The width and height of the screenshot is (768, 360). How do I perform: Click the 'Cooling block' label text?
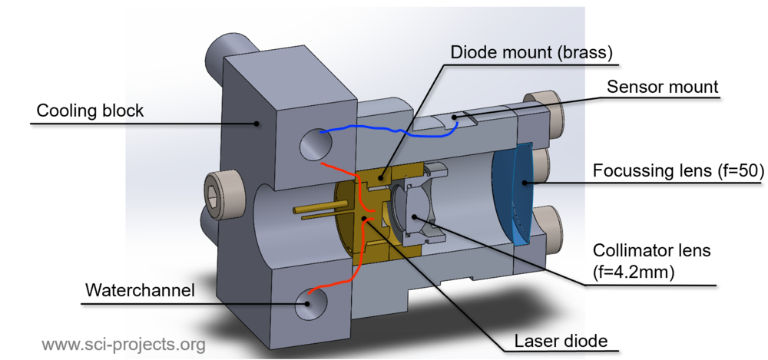click(x=90, y=111)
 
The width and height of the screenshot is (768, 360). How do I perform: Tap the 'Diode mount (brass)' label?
click(x=531, y=52)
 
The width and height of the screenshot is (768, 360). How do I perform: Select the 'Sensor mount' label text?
click(x=662, y=87)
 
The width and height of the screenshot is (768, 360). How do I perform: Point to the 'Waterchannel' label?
click(x=140, y=290)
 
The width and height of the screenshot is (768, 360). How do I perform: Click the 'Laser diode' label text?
click(x=561, y=341)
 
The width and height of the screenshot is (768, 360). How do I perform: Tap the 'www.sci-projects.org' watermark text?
click(x=124, y=345)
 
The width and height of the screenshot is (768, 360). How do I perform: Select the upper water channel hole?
click(x=316, y=144)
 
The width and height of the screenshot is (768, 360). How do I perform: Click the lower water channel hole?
click(x=311, y=303)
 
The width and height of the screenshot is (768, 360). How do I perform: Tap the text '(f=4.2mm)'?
click(x=634, y=272)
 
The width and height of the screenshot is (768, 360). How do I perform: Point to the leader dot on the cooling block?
click(x=257, y=124)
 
